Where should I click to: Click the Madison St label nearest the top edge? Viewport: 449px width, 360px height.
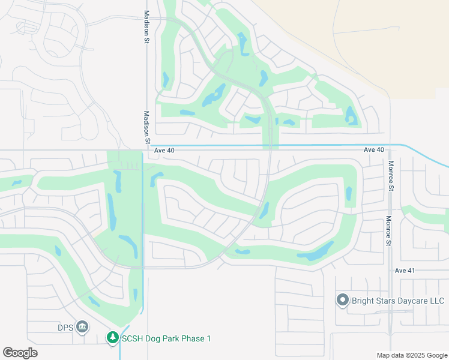[146, 27]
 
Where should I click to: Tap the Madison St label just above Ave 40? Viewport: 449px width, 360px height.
[146, 127]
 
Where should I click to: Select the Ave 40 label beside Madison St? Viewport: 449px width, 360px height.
[164, 150]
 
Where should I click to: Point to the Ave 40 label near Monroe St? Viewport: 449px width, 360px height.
[373, 149]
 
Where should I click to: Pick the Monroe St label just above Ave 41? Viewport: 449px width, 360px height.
[389, 231]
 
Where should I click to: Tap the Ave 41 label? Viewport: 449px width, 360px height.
[405, 271]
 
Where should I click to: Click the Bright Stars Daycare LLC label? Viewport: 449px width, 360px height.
[398, 300]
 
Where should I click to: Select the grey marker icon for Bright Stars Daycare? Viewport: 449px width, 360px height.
[343, 300]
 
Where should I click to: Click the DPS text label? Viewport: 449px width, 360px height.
[65, 328]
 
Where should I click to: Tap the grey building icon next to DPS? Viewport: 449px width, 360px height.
[83, 327]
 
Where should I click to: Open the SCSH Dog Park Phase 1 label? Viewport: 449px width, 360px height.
[166, 338]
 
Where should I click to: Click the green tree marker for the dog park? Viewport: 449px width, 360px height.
[112, 338]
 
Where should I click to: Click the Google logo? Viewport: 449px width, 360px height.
[20, 353]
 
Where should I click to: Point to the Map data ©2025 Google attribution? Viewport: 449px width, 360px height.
[412, 355]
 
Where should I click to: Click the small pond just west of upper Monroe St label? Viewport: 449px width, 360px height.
[349, 193]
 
